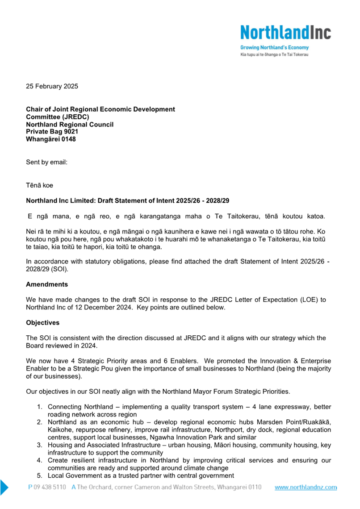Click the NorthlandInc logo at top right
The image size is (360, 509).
[285, 32]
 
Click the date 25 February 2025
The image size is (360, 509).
[52, 86]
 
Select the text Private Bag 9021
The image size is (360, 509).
[52, 132]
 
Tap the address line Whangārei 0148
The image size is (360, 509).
[51, 139]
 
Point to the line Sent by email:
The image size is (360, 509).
[46, 162]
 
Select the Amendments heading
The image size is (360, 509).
[47, 284]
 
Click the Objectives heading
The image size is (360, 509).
[42, 322]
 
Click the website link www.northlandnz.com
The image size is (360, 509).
[306, 488]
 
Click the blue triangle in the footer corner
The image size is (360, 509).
[4, 487]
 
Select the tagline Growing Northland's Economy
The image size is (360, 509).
[274, 47]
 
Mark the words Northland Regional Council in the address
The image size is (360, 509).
[70, 124]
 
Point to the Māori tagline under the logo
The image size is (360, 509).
[275, 54]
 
